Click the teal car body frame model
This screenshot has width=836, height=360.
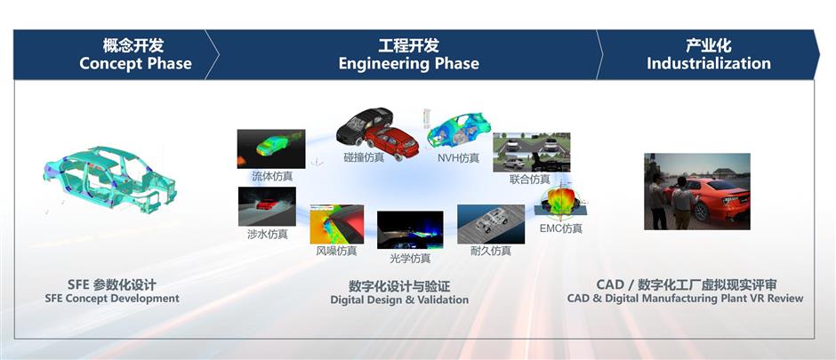(109, 179)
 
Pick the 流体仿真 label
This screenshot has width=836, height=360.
(272, 176)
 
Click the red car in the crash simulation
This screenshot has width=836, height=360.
(392, 141)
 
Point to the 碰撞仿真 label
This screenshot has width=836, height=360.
(364, 157)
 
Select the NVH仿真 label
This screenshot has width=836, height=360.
(458, 158)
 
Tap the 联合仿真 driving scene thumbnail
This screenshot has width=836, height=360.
(531, 152)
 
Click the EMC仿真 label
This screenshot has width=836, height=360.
(561, 228)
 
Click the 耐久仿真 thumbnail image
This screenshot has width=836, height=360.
(491, 224)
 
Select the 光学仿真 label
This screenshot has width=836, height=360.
(410, 259)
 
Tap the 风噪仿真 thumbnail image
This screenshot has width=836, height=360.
(337, 225)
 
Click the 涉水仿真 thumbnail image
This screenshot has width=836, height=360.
(267, 206)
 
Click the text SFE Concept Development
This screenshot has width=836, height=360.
(112, 299)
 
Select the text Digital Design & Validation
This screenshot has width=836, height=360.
(399, 300)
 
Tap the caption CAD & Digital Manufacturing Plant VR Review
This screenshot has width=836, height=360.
(685, 299)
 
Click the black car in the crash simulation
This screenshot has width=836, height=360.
(363, 125)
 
